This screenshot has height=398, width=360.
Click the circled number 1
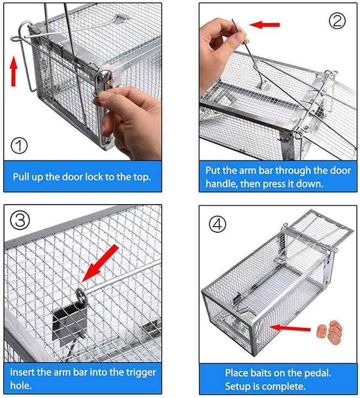(19, 145)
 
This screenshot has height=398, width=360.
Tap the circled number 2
(337, 21)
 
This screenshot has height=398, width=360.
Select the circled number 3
(20, 220)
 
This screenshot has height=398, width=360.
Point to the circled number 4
(217, 224)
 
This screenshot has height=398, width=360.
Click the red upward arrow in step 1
(14, 71)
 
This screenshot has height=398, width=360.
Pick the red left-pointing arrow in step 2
(264, 25)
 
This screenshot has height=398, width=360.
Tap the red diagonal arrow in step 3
(100, 263)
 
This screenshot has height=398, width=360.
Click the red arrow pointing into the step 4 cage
(290, 328)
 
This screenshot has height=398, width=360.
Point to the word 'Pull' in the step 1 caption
(21, 177)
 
